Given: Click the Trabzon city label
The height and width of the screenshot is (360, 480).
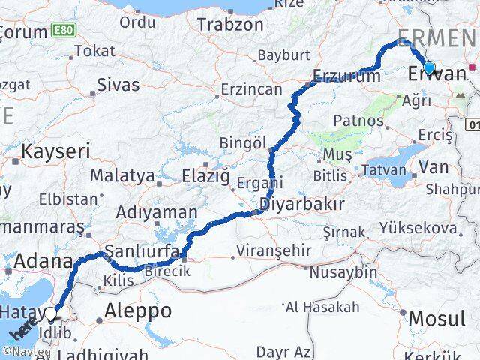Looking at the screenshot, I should pos(231,24).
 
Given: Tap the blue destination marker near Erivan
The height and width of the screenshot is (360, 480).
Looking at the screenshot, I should pos(428,69).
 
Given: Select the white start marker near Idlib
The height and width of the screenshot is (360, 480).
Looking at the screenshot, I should pos(51,314).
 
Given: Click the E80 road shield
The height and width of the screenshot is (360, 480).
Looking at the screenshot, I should pos(63,31).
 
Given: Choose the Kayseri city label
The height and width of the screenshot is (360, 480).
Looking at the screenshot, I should pos(55,151).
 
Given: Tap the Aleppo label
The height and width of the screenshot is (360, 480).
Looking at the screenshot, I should pos(137,310).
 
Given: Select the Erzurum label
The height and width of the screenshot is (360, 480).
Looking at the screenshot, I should pos(346,76).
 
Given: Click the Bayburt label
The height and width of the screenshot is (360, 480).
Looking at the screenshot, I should pos(283,56).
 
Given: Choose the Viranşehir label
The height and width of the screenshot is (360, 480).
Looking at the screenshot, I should pos(268,250).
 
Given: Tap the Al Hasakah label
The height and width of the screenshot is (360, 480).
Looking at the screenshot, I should pos(322,307).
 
